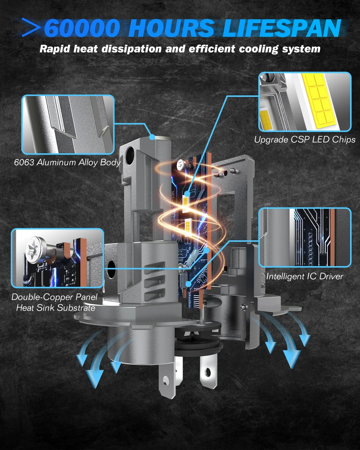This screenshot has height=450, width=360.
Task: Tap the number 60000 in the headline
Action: click(x=82, y=28)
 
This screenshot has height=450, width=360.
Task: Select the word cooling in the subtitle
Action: click(x=259, y=49)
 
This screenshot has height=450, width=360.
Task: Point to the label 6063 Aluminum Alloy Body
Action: click(x=67, y=163)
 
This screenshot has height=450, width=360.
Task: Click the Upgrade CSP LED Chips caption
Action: click(x=305, y=140)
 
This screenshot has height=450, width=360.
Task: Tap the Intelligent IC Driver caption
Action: click(x=305, y=276)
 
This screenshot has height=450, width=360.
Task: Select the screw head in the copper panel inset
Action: click(x=35, y=250)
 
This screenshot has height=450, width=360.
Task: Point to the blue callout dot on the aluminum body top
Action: click(x=152, y=137)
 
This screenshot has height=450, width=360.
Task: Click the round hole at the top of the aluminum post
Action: click(x=130, y=153)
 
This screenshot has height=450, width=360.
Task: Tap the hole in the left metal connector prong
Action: click(x=166, y=379)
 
